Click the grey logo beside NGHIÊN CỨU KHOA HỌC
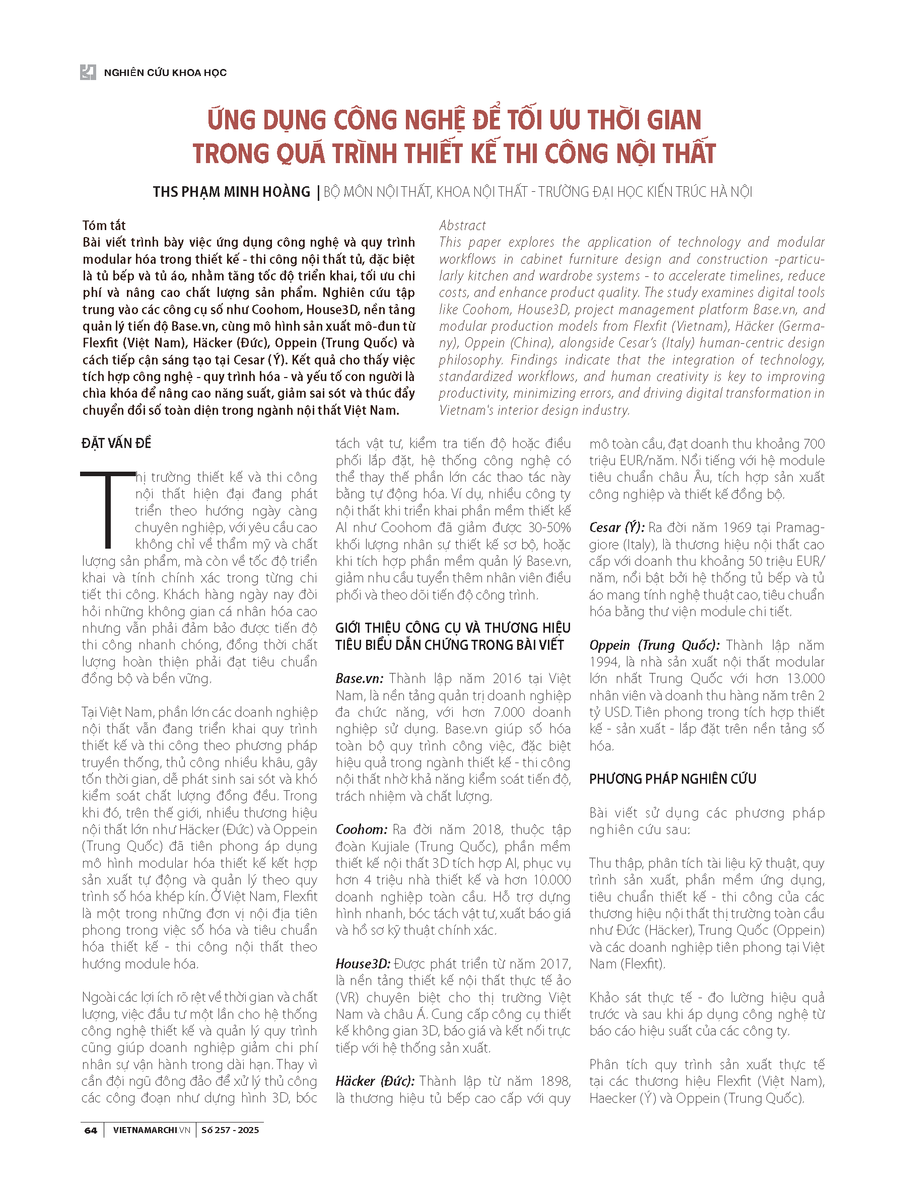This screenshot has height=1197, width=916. click(88, 72)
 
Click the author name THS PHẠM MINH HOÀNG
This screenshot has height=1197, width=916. click(231, 192)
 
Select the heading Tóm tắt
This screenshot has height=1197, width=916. click(104, 225)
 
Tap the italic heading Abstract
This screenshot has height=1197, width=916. click(462, 225)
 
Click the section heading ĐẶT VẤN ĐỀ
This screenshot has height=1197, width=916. click(116, 443)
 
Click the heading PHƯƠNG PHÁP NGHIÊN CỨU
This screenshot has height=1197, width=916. click(672, 779)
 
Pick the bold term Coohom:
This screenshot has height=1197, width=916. click(361, 830)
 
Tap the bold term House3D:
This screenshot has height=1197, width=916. click(363, 964)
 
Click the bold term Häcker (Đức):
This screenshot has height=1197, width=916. click(375, 1081)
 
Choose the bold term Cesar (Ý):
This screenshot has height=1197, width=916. click(617, 528)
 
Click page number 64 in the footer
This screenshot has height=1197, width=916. click(91, 1131)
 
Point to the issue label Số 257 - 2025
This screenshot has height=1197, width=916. click(230, 1131)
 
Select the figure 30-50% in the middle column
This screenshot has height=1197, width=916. click(549, 528)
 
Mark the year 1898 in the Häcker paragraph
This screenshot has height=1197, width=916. click(555, 1081)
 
